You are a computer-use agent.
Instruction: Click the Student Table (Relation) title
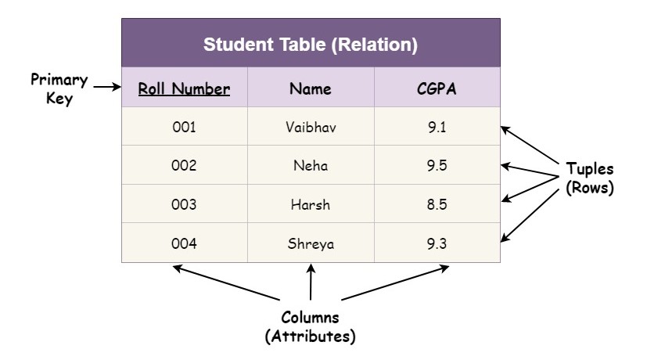311,45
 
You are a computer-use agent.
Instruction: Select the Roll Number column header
184,88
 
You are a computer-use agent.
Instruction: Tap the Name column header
311,88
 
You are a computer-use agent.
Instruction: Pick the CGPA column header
437,88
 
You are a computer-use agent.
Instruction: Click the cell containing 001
184,127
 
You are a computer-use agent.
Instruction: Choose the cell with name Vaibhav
311,127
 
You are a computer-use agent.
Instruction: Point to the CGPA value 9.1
437,127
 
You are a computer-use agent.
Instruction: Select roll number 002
184,165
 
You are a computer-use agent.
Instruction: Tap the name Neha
311,165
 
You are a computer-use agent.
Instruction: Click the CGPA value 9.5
437,165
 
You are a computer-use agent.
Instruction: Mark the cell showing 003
184,204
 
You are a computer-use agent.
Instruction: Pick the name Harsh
311,204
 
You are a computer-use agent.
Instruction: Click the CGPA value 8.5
437,204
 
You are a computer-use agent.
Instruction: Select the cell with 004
184,243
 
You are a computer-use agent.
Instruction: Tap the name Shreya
311,243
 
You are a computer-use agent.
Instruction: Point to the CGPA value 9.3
437,243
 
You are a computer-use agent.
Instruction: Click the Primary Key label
59,88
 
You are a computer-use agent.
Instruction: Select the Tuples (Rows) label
590,178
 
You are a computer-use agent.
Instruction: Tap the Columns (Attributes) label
311,326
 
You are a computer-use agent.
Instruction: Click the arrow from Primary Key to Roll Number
107,87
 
